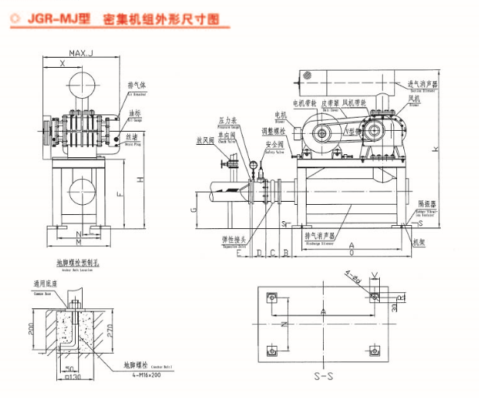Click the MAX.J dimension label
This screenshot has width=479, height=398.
pyautogui.click(x=80, y=54)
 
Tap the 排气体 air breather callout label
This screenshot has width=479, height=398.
pyautogui.click(x=137, y=85)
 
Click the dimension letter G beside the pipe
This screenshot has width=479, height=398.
pyautogui.click(x=192, y=210)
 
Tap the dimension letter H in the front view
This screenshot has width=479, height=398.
pyautogui.click(x=140, y=180)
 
